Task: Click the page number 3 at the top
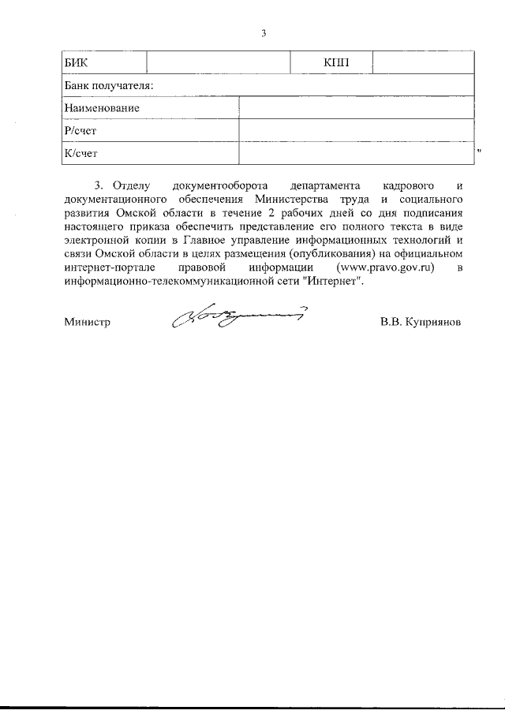[264, 33]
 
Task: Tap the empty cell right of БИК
[218, 63]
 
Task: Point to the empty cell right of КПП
[423, 63]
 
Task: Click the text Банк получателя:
[108, 85]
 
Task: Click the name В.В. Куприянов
[420, 322]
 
